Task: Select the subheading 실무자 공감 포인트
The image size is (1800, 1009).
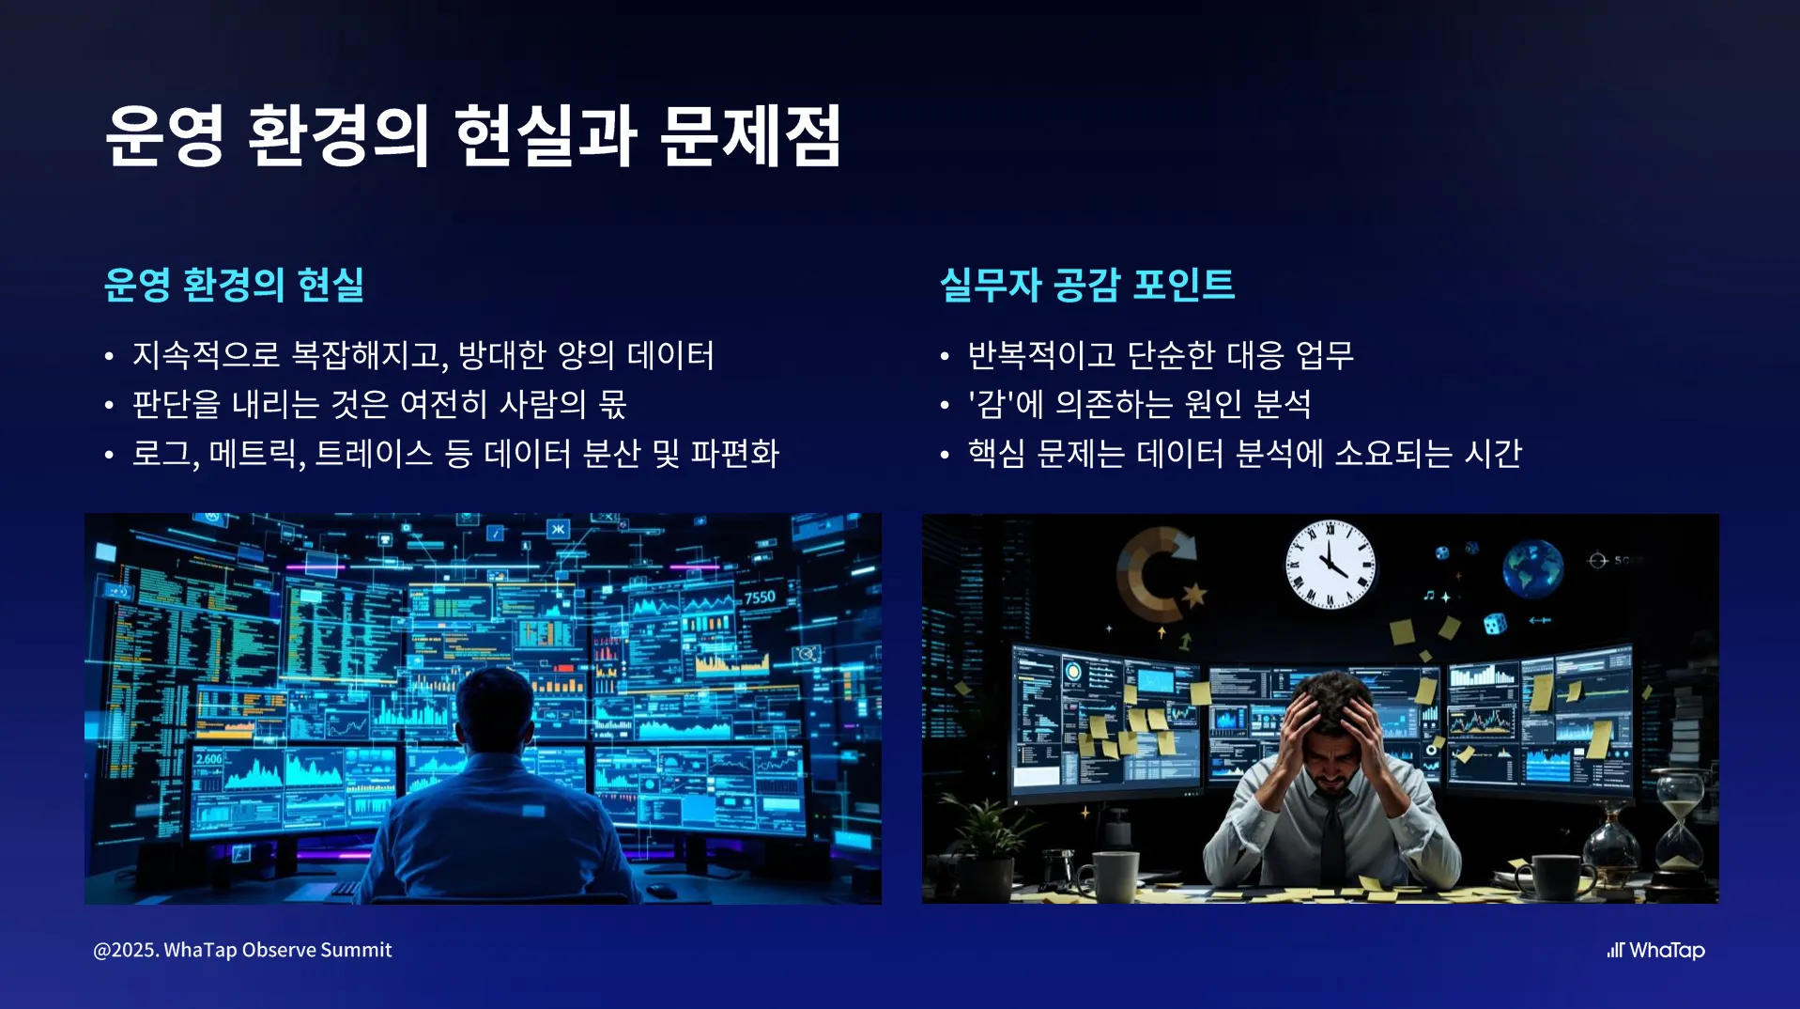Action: [x=1087, y=285]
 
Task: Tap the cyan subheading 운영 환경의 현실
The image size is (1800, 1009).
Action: [x=234, y=285]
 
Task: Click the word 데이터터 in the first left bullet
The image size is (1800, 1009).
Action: [x=670, y=355]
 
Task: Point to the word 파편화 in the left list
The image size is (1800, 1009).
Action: [x=734, y=454]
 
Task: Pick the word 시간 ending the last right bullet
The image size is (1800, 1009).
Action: [x=1493, y=454]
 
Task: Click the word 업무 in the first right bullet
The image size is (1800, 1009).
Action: [x=1325, y=355]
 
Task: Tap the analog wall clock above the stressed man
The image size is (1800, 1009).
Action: [x=1330, y=565]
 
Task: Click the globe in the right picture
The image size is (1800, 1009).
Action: [x=1532, y=567]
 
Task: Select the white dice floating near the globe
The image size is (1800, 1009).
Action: [x=1494, y=623]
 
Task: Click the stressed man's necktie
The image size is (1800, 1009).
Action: [x=1332, y=836]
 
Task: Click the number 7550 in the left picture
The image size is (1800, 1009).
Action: [x=760, y=598]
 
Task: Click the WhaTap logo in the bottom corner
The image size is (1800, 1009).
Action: [x=1655, y=950]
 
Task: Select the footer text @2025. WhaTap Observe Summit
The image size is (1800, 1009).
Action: [x=242, y=950]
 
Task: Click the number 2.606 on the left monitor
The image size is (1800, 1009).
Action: [x=208, y=759]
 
